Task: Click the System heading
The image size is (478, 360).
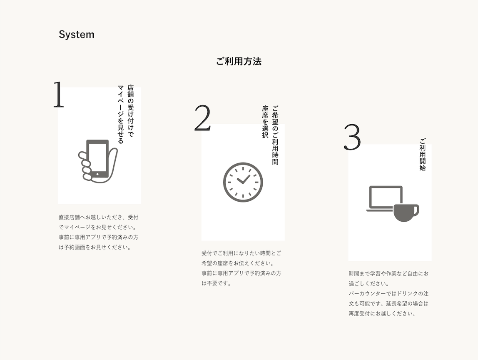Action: click(76, 35)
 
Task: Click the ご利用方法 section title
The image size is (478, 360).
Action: click(239, 62)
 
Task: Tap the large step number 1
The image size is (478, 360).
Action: click(59, 95)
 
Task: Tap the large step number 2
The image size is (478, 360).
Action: click(202, 118)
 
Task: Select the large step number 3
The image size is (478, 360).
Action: click(352, 137)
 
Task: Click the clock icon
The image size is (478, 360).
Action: click(243, 182)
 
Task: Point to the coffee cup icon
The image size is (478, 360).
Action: click(406, 212)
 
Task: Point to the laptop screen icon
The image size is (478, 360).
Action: click(385, 197)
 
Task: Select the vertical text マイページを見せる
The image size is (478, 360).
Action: click(121, 114)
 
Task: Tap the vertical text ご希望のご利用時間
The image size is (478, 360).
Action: click(275, 135)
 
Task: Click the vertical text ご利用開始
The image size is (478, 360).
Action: click(422, 155)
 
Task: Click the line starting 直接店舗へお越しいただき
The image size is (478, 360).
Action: click(98, 217)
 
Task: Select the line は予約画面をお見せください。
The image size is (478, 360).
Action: click(95, 247)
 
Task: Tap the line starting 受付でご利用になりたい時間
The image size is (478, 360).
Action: click(241, 253)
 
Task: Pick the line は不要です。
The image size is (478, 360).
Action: click(217, 283)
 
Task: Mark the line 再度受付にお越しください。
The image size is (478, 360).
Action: click(382, 314)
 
